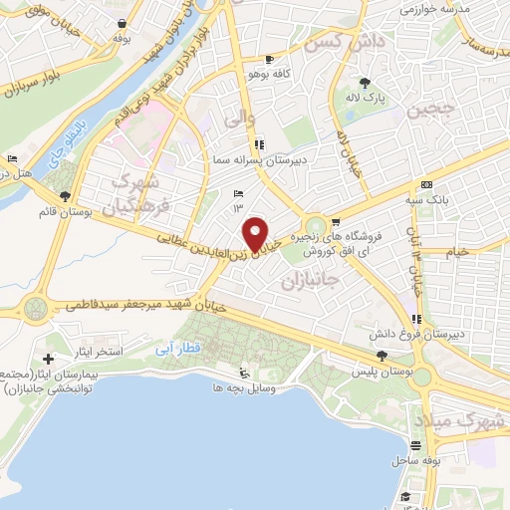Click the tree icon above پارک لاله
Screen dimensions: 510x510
pos(366,84)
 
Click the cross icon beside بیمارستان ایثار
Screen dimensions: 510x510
pos(49,358)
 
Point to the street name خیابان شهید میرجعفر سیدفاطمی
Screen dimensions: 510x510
pos(139,304)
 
